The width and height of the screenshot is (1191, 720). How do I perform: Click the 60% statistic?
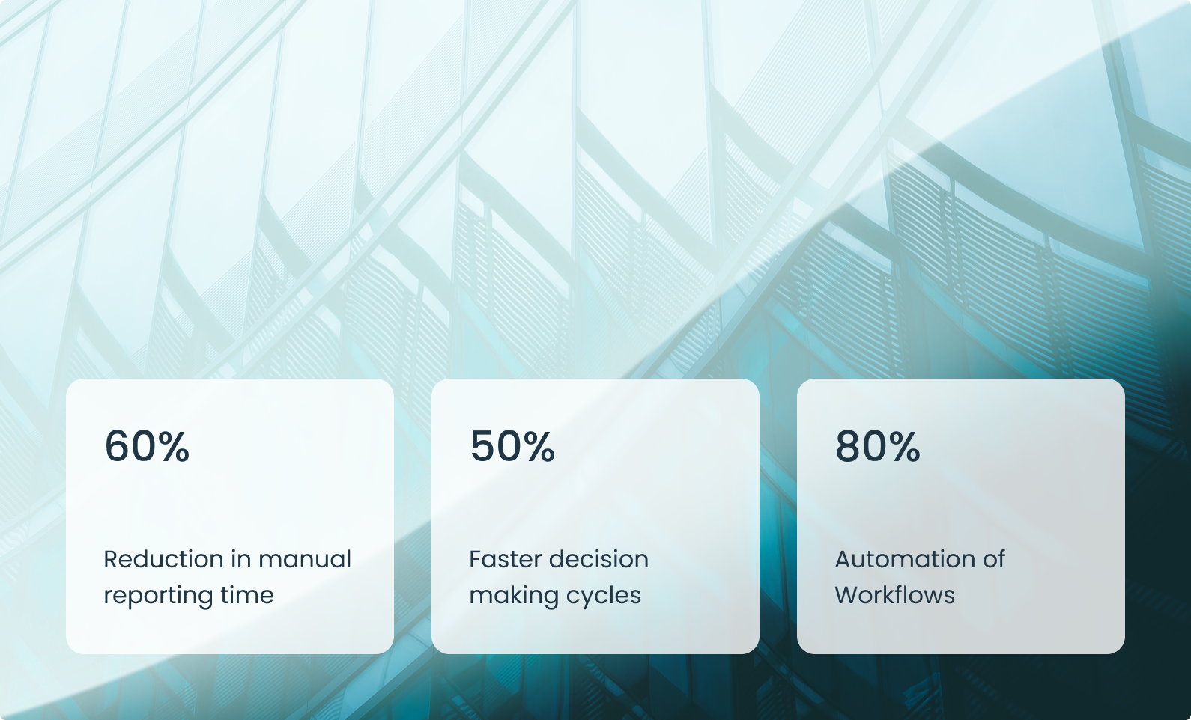[x=147, y=446]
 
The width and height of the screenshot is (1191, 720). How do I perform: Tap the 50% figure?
[x=512, y=446]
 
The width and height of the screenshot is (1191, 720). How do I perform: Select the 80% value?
[x=878, y=446]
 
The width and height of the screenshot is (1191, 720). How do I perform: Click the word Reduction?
[x=163, y=559]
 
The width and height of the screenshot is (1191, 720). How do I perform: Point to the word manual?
[x=305, y=559]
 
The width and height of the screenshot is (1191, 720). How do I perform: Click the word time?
[x=247, y=594]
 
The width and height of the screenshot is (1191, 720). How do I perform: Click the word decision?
[x=598, y=559]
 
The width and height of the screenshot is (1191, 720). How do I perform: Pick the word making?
[x=512, y=596]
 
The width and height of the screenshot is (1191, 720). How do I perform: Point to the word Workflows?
[x=895, y=594]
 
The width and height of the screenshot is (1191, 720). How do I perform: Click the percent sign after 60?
[x=173, y=446]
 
